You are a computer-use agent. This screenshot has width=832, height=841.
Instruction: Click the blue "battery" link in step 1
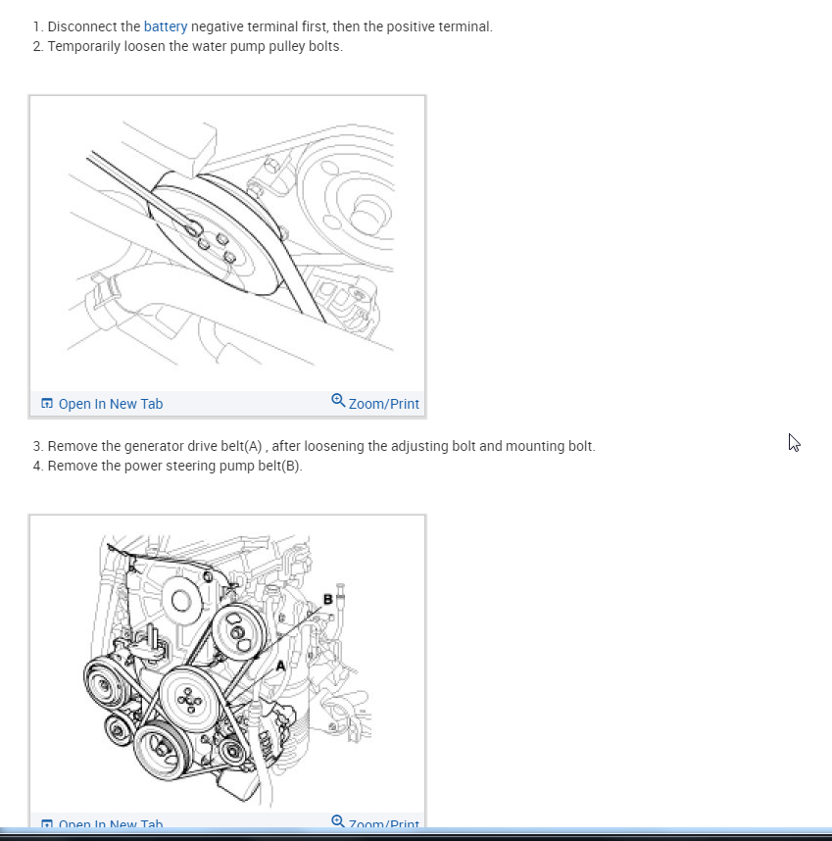[x=165, y=26]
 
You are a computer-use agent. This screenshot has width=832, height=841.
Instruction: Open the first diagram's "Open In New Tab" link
[x=110, y=404]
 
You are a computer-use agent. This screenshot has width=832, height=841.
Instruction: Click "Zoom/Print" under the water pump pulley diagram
[x=383, y=404]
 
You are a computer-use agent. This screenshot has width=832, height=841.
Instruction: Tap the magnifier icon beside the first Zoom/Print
[x=338, y=401]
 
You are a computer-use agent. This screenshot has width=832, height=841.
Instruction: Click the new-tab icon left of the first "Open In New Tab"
[x=46, y=404]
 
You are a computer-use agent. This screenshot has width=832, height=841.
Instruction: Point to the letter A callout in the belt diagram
[x=280, y=665]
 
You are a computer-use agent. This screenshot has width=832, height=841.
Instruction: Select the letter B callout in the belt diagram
[x=327, y=598]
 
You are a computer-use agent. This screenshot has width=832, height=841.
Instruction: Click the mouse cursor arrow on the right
[x=794, y=442]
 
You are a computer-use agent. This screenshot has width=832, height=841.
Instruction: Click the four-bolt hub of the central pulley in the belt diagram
[x=188, y=698]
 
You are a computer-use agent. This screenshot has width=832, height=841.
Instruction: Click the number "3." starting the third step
[x=38, y=446]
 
